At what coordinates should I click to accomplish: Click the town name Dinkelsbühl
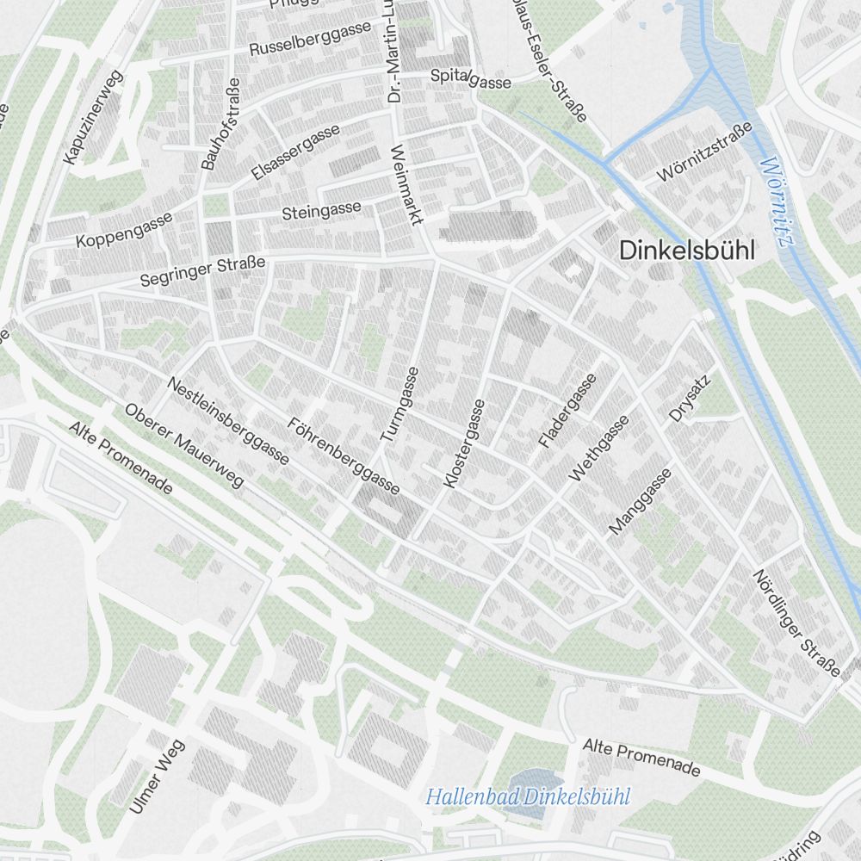(686, 251)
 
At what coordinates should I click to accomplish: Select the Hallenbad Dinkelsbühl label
(528, 796)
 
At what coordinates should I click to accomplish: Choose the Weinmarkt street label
(406, 184)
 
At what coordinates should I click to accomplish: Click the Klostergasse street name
(464, 443)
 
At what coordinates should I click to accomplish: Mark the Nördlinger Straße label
(796, 623)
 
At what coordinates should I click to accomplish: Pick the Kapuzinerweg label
(94, 117)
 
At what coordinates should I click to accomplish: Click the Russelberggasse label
(310, 39)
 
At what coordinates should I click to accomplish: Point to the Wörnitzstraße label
(703, 152)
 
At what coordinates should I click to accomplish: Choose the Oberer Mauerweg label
(183, 445)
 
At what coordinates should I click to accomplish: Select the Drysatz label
(691, 398)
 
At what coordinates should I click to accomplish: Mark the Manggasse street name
(640, 502)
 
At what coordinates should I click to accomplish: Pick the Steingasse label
(322, 210)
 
